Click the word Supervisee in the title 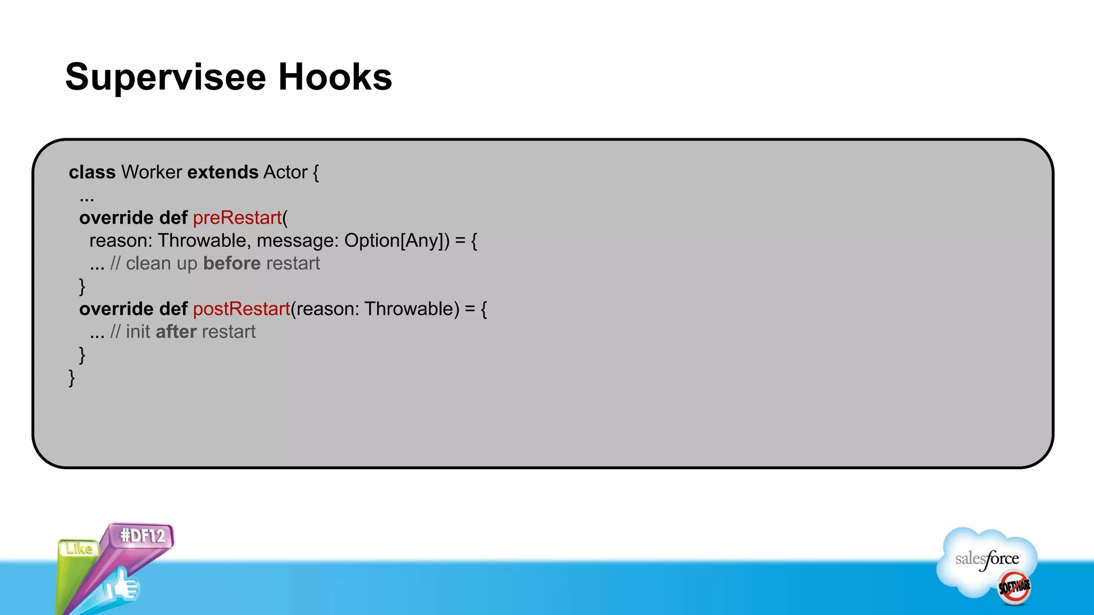(x=166, y=77)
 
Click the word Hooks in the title (x=335, y=77)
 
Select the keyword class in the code (x=92, y=172)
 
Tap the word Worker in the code (x=152, y=172)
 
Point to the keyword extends (x=223, y=172)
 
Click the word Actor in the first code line (x=285, y=172)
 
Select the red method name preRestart (x=237, y=218)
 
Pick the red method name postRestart (x=241, y=309)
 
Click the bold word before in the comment (x=232, y=264)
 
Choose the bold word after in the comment (x=176, y=332)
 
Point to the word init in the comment (x=138, y=332)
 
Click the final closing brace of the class (x=72, y=378)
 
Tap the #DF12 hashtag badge (x=143, y=535)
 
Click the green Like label (x=79, y=549)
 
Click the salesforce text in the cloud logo (x=987, y=559)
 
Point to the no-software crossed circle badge (x=1014, y=587)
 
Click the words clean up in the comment (x=161, y=264)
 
